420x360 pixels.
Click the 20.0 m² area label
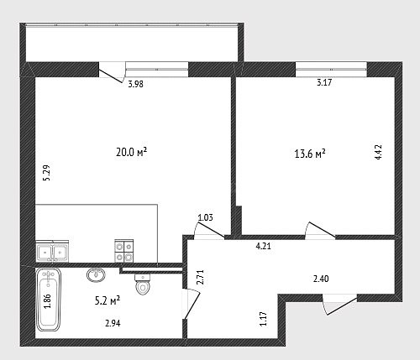pos(131,153)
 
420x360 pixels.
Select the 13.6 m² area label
pos(310,154)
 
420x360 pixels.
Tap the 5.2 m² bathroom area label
pos(108,301)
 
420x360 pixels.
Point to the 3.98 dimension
pos(135,84)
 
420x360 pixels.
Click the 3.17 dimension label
pos(324,82)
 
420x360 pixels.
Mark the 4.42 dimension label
pos(378,152)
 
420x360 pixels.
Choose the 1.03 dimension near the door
pos(205,217)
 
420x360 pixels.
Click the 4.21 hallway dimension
pos(264,247)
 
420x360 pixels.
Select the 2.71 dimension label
pos(200,277)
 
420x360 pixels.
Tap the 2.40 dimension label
pos(321,279)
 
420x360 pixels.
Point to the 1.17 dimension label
pos(263,319)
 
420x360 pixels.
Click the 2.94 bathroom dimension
pos(113,323)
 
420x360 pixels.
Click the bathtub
pos(49,300)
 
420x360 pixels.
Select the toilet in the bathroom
pos(143,284)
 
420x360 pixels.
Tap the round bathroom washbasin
pos(96,274)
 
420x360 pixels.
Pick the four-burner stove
pos(123,251)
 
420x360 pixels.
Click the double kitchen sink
pos(52,251)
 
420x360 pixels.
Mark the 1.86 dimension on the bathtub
pos(47,301)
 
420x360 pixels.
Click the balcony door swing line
pos(111,76)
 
